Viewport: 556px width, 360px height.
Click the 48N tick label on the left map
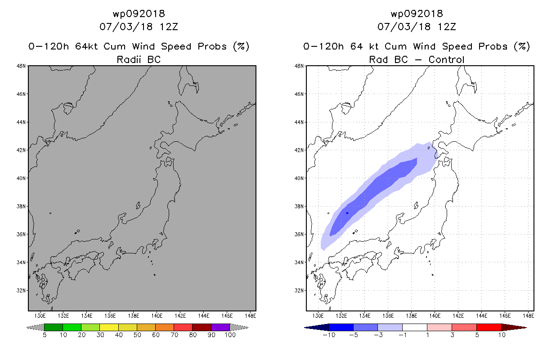tap(21, 66)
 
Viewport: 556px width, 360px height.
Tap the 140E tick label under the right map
tap(435, 316)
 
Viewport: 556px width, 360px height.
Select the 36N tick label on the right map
tap(299, 234)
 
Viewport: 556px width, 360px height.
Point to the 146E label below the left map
tap(227, 316)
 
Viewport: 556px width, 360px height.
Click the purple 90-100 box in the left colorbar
tap(220, 327)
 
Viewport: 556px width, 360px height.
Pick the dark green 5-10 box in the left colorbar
tap(54, 327)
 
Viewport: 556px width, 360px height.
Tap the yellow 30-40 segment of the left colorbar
tap(109, 327)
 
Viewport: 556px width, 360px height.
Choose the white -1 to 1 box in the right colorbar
tap(415, 327)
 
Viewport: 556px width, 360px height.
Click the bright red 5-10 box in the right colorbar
tap(489, 327)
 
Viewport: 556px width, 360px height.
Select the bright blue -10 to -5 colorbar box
tap(341, 327)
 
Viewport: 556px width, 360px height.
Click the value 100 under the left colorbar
tap(230, 335)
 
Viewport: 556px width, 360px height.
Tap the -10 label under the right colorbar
tap(329, 335)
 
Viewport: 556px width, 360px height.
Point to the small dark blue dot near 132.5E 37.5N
tap(347, 213)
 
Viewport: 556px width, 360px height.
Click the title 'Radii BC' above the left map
tap(139, 59)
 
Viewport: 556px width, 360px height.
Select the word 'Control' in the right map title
tap(446, 59)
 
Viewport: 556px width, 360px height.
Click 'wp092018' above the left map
tap(139, 14)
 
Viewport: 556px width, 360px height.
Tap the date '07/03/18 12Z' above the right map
tap(417, 27)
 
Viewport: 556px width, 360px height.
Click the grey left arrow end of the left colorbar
tap(35, 328)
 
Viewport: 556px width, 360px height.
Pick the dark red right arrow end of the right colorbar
tap(514, 328)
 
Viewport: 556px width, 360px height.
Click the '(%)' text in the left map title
tap(241, 46)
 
